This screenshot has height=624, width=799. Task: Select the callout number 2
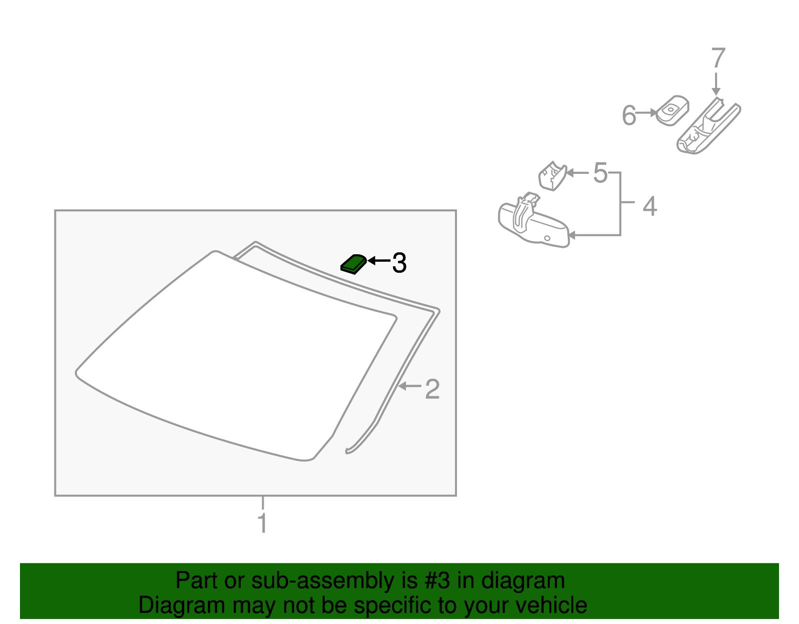pos(432,389)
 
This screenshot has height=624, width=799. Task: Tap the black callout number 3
pos(399,263)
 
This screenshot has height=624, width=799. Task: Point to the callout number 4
pos(650,206)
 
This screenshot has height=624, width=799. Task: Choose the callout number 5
pos(600,173)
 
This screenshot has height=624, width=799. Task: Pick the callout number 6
pos(629,115)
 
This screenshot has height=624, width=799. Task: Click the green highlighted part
pos(354,264)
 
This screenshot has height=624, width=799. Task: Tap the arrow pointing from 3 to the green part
pos(379,261)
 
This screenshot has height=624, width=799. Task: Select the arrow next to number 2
pos(410,386)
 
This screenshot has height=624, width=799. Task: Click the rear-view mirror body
pos(533,224)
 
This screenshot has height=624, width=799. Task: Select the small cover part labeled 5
pos(552,176)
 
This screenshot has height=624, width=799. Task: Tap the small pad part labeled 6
pos(673,110)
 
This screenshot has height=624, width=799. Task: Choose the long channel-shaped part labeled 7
pos(708,126)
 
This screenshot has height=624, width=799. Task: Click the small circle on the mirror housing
pos(547,238)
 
